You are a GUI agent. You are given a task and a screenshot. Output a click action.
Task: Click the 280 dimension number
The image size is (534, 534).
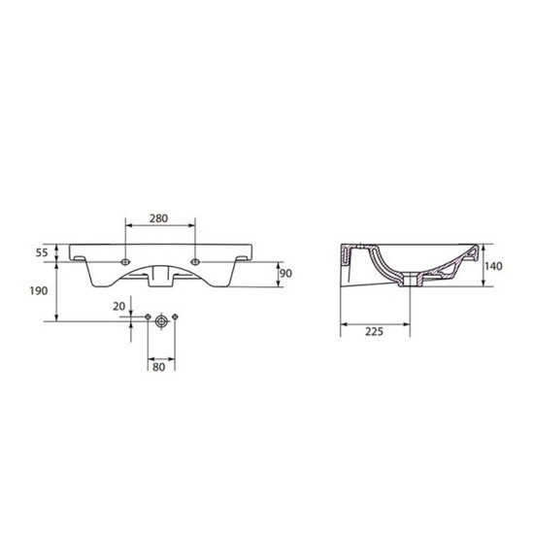(x=161, y=220)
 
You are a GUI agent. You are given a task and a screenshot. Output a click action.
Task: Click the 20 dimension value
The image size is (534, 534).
(x=119, y=306)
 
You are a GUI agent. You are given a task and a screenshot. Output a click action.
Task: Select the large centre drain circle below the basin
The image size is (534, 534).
(x=162, y=319)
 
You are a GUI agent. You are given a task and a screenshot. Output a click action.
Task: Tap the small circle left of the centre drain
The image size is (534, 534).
(x=147, y=318)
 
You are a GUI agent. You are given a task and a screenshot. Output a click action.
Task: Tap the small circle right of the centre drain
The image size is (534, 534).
(x=177, y=318)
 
